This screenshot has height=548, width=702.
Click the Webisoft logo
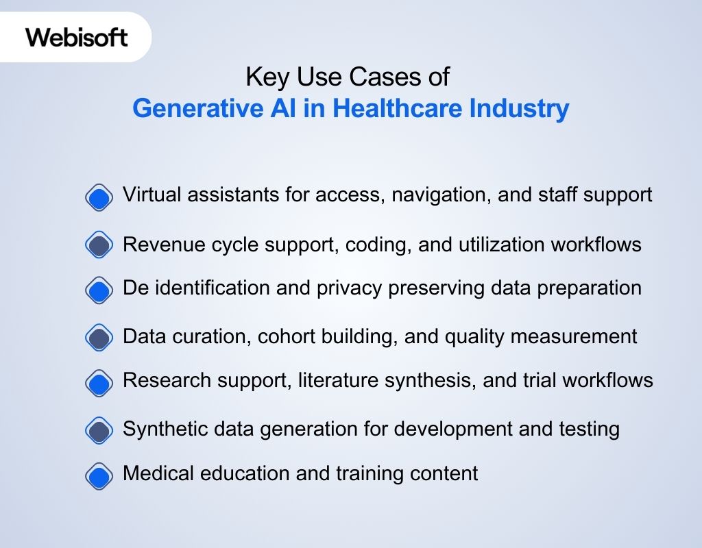click(77, 36)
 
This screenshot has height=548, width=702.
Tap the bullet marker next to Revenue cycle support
click(99, 245)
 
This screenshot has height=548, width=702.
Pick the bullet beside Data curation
click(99, 338)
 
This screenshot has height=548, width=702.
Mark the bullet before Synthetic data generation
click(99, 430)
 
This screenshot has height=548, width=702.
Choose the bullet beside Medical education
click(99, 475)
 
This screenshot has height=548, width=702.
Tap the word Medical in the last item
click(156, 473)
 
